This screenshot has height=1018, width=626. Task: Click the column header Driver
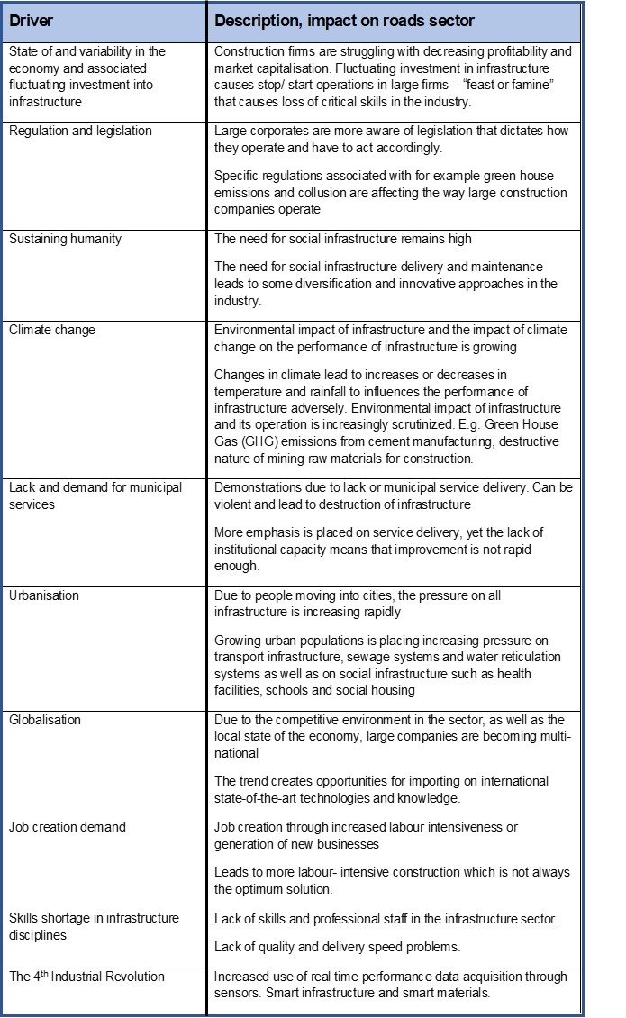click(x=31, y=20)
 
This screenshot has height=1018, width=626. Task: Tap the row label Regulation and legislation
click(x=80, y=131)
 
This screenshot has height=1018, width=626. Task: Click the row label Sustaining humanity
click(x=65, y=239)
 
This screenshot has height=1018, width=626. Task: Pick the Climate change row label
click(x=51, y=330)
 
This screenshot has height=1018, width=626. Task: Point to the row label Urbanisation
click(x=44, y=595)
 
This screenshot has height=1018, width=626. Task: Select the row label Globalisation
click(x=45, y=720)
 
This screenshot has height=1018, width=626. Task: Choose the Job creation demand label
click(x=68, y=827)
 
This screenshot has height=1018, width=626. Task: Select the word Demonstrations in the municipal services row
click(x=255, y=487)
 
